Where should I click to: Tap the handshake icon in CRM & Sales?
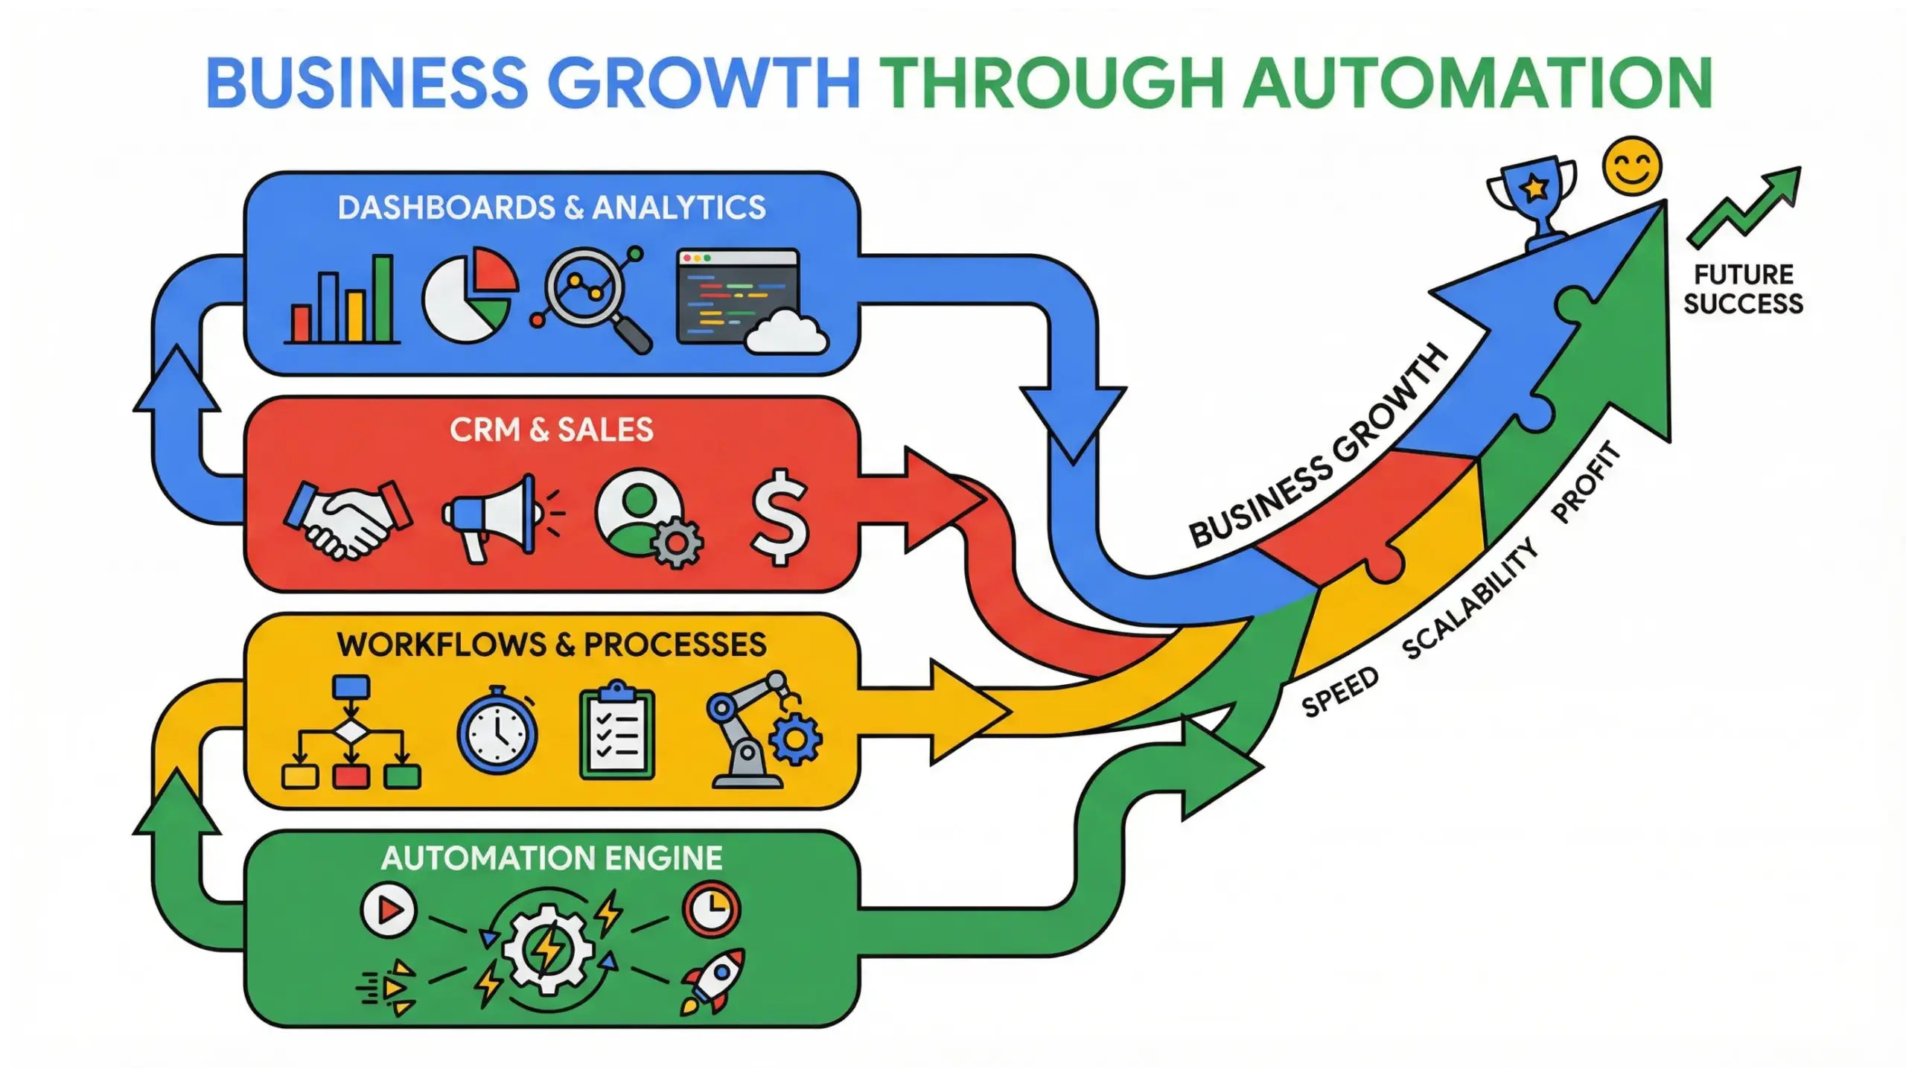click(x=348, y=520)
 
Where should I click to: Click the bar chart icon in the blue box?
click(x=342, y=301)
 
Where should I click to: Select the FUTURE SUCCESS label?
click(x=1742, y=289)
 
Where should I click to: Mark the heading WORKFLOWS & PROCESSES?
click(x=552, y=645)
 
